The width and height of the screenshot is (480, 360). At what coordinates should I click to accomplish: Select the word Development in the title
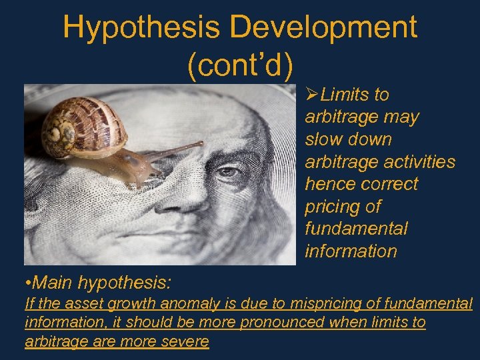325,28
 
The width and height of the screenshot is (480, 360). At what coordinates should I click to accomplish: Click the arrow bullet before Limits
312,95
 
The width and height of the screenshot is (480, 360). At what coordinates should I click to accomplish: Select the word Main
53,283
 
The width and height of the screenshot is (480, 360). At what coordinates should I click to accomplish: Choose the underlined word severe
189,342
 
